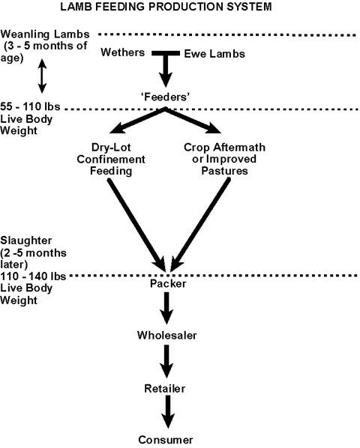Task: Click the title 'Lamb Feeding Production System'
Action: pos(166,7)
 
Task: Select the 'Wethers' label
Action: pos(123,52)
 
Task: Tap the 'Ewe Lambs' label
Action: pos(214,54)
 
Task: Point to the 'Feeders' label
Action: pos(166,97)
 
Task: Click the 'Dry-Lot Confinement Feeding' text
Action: pos(111,159)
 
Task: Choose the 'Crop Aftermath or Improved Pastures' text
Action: pos(224,159)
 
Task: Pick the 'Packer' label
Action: pos(168,284)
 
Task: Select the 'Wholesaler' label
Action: pos(167,335)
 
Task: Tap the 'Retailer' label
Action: pos(165,388)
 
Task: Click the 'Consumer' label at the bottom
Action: pos(166,440)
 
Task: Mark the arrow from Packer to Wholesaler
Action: pos(166,309)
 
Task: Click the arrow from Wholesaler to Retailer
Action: pos(166,361)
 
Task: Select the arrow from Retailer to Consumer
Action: pos(167,412)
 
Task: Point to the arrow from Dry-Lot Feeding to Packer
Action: pos(136,225)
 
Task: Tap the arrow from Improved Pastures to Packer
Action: pos(200,225)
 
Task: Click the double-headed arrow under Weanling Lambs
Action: pos(42,76)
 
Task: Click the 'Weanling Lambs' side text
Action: pos(45,34)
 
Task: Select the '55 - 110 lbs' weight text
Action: pos(30,106)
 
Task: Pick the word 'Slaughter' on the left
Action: pos(26,240)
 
